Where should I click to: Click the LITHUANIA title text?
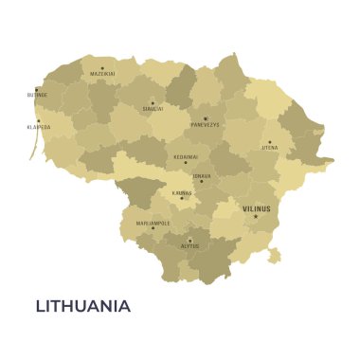click(83, 306)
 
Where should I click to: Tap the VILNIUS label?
click(256, 208)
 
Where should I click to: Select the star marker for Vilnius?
click(255, 217)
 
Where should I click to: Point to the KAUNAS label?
click(182, 192)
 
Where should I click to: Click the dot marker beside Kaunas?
click(182, 198)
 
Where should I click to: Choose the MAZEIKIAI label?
click(102, 73)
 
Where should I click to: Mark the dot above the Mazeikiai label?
click(102, 67)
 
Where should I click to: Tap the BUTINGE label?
click(37, 95)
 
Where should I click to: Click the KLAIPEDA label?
click(39, 126)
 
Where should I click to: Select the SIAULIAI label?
click(153, 109)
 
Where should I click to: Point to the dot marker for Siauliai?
click(153, 103)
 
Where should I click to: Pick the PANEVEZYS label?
click(205, 124)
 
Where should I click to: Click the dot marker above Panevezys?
click(205, 118)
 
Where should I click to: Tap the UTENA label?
click(270, 148)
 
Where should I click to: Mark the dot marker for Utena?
click(269, 142)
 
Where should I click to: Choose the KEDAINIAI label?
click(186, 156)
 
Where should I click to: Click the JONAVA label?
click(202, 175)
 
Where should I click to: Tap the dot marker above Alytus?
click(189, 239)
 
